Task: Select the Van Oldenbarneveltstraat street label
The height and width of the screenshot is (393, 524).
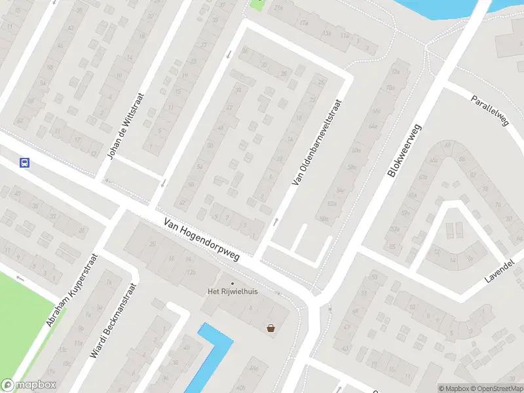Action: (x=317, y=142)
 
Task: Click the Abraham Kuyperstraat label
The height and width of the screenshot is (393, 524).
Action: (x=72, y=290)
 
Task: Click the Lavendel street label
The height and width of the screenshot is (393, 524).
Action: (x=500, y=270)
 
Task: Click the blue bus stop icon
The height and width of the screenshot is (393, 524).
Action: (x=24, y=162)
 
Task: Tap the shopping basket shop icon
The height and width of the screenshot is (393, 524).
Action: (x=271, y=328)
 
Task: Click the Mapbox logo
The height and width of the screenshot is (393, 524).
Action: (x=29, y=385)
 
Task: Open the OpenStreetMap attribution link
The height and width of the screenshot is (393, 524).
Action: (x=495, y=388)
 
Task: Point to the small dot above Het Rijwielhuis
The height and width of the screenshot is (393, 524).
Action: (x=232, y=283)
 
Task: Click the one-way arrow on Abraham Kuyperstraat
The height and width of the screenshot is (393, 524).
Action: (x=20, y=278)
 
